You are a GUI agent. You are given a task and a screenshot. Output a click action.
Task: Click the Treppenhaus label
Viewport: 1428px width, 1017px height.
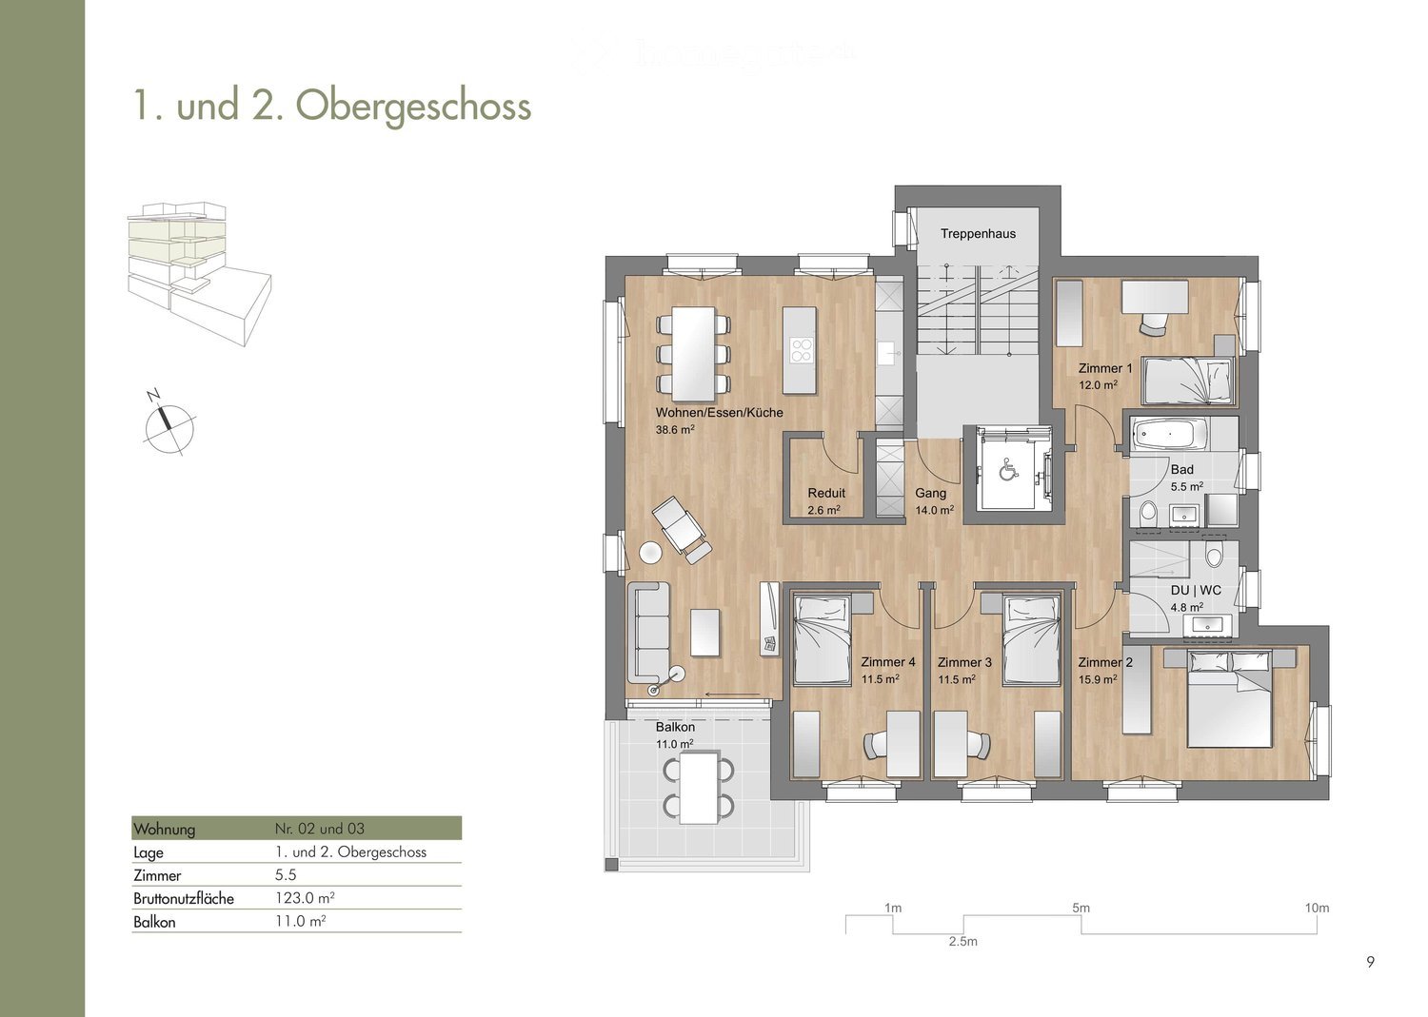click(x=978, y=234)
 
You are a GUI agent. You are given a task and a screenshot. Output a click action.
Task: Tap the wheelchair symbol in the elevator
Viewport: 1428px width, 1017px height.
click(x=1008, y=470)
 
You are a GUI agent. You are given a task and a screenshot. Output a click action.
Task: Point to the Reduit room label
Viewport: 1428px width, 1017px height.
click(x=826, y=493)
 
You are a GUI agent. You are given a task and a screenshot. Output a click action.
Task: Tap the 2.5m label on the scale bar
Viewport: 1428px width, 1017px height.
click(x=962, y=941)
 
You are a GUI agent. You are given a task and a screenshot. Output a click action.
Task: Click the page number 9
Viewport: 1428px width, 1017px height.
click(x=1370, y=962)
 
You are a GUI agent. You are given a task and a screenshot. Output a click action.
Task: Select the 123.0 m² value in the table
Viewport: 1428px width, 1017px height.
click(x=305, y=898)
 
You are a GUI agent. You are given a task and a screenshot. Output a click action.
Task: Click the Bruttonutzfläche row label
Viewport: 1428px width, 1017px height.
click(x=184, y=898)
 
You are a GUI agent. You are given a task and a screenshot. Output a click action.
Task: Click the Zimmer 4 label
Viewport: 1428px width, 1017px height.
click(x=888, y=662)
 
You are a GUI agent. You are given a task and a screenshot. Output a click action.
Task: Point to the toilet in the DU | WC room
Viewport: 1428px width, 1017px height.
click(x=1213, y=556)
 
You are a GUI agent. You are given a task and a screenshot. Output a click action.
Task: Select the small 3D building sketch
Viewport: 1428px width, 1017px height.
click(x=200, y=275)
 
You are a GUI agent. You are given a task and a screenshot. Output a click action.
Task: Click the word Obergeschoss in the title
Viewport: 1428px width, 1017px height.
click(x=413, y=107)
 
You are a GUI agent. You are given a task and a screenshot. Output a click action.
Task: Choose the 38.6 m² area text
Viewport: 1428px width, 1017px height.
click(x=675, y=429)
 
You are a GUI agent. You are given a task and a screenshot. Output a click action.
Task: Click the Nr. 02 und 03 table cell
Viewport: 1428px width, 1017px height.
click(x=320, y=829)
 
